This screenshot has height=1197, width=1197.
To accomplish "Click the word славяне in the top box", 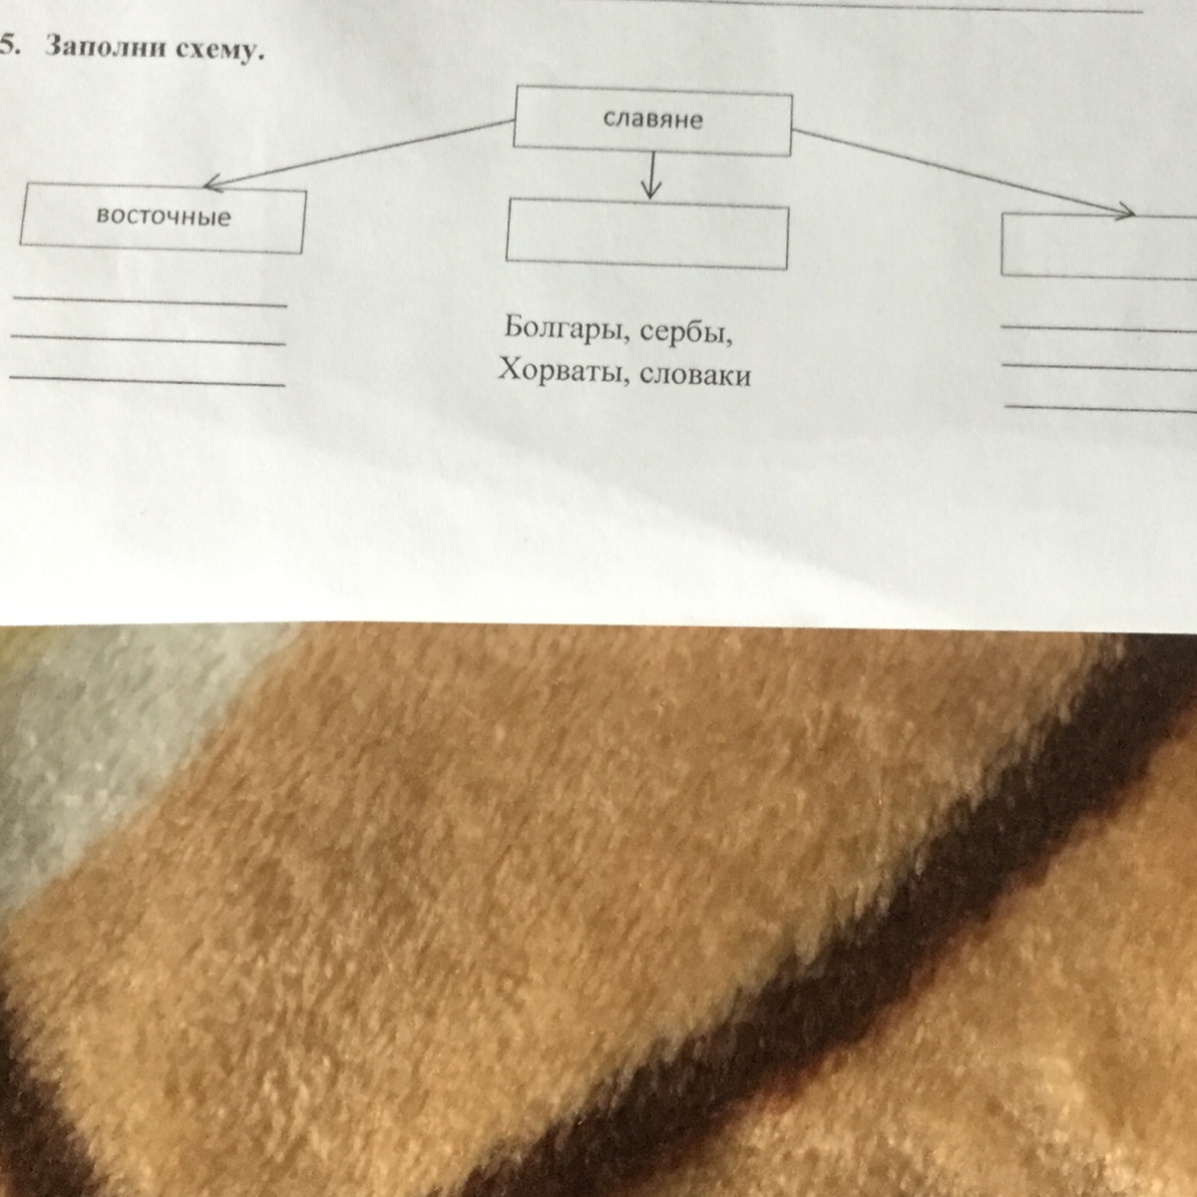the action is [x=652, y=121].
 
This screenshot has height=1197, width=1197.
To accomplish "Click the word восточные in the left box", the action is [x=164, y=216].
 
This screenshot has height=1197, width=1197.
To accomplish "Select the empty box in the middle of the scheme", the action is [x=647, y=236].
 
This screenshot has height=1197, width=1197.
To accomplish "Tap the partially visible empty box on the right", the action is [x=1097, y=246].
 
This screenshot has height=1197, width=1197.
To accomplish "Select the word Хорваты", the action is [x=557, y=372].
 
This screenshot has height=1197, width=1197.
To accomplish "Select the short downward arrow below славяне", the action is [x=651, y=177].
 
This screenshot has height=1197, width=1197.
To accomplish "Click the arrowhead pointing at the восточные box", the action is [x=210, y=184].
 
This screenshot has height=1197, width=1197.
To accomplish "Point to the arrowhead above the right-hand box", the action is [x=1124, y=211].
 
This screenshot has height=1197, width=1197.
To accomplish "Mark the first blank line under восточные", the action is [x=150, y=300].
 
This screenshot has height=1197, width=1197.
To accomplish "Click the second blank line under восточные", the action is [x=148, y=340].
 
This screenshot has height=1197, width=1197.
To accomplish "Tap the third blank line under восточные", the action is [x=147, y=379].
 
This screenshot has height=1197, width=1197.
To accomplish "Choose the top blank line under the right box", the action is [x=1097, y=327].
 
